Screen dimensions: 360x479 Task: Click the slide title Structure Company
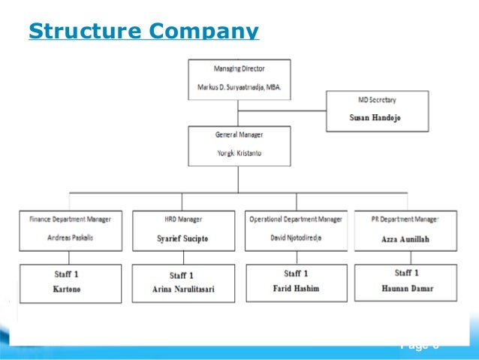tap(143, 32)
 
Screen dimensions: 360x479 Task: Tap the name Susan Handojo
tap(377, 118)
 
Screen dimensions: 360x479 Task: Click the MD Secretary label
tap(377, 100)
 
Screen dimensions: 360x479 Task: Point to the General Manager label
tap(239, 135)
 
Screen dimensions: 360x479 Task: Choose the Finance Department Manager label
tap(70, 219)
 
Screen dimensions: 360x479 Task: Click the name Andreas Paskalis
tap(70, 237)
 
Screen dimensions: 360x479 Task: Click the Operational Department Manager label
tap(296, 219)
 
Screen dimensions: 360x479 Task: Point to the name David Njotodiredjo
tap(296, 237)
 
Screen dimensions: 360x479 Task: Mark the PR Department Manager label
tap(405, 219)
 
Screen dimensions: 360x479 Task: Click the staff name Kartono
tap(70, 288)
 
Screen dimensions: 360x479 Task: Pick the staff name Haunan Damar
tap(406, 287)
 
